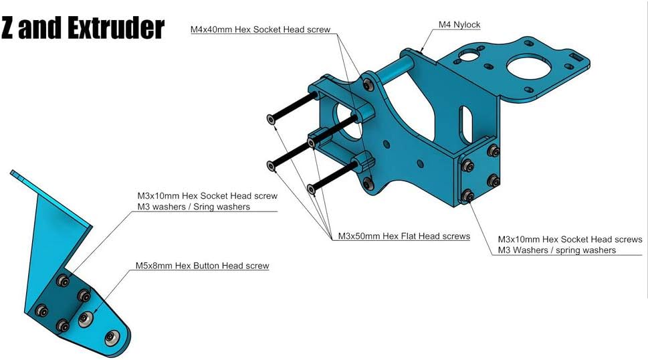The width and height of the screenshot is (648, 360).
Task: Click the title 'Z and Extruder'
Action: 83,28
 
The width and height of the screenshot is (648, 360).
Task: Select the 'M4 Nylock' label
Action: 459,25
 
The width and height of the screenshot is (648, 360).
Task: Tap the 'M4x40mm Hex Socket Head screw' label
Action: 260,29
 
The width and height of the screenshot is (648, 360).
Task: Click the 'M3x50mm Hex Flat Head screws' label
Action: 403,236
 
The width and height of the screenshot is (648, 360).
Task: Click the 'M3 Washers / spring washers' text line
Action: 557,250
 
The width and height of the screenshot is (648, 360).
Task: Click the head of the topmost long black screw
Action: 270,119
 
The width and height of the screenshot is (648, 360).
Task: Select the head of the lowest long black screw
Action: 312,189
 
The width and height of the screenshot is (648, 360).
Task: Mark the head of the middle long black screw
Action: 270,165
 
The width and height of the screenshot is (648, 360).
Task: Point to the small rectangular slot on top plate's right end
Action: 575,58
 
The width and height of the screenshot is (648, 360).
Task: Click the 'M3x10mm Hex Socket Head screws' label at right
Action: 572,239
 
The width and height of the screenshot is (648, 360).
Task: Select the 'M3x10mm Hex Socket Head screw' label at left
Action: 206,196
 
